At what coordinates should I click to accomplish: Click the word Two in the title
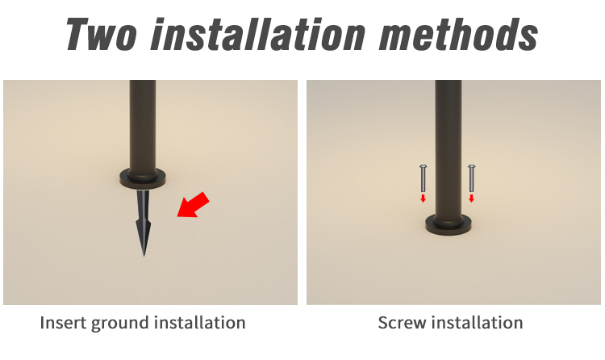click(101, 34)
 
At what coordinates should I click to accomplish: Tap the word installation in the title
click(258, 34)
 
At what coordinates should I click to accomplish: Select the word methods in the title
click(459, 34)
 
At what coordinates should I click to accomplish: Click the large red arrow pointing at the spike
click(194, 205)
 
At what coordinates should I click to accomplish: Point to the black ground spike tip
click(144, 255)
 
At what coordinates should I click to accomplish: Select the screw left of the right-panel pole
click(423, 178)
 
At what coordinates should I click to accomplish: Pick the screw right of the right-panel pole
click(472, 178)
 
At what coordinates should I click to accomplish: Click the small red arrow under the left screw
click(423, 199)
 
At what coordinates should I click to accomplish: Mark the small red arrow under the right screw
click(472, 199)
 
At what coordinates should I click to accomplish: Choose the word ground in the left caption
click(120, 324)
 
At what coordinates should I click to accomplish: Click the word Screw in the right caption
click(402, 323)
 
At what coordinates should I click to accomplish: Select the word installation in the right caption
click(477, 323)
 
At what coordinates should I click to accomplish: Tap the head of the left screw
click(423, 166)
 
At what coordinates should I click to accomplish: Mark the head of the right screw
click(472, 166)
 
